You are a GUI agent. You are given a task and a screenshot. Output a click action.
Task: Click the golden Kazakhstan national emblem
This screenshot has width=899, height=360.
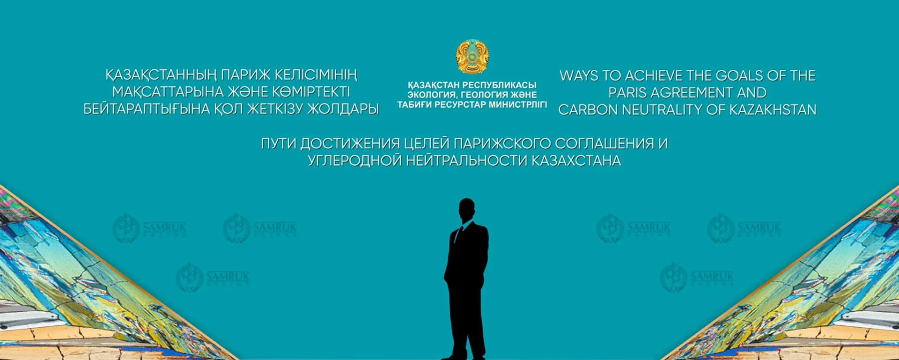click(x=472, y=57)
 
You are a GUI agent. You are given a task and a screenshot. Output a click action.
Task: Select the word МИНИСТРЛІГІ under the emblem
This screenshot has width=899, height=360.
click(x=517, y=105)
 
